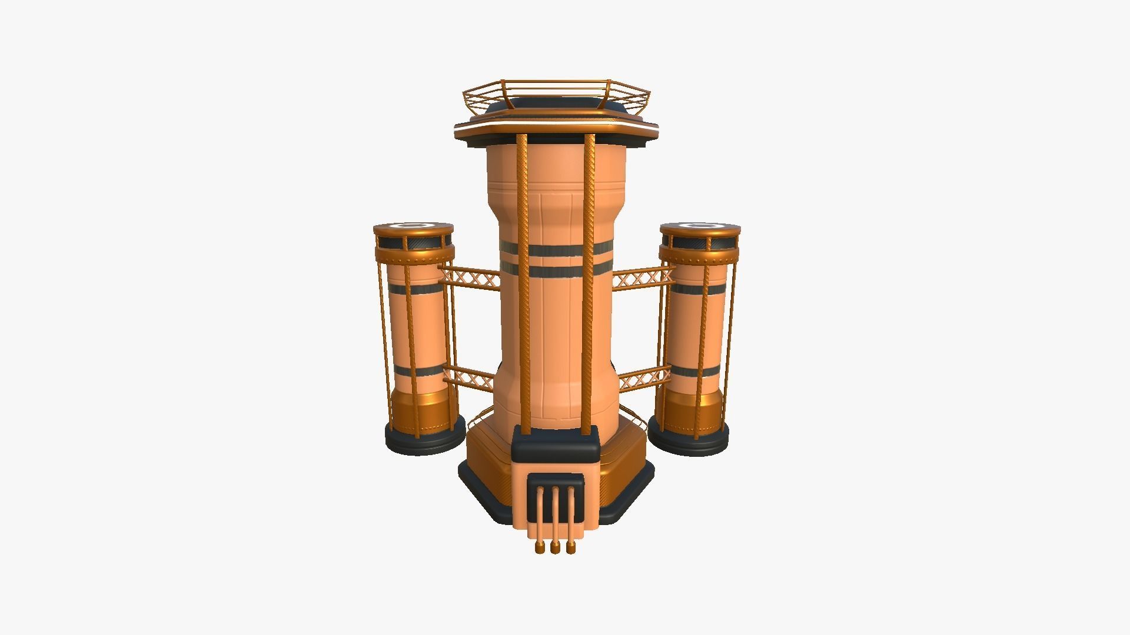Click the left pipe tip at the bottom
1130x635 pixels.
(x=127, y=549)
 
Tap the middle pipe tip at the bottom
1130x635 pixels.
(x=142, y=549)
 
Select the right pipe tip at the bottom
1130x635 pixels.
(x=158, y=549)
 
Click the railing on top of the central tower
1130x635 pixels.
(x=556, y=94)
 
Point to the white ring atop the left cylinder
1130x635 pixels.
(x=413, y=225)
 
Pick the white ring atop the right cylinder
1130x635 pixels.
(x=700, y=225)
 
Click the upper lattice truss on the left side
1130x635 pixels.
(x=470, y=277)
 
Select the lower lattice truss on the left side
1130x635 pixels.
(x=468, y=379)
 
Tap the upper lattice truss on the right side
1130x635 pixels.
(x=643, y=277)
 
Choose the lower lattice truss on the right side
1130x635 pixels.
(x=644, y=379)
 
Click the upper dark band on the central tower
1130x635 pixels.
(x=556, y=250)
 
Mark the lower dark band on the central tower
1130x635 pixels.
(x=556, y=271)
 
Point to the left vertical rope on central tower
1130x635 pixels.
(x=521, y=282)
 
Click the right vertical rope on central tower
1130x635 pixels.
(x=589, y=282)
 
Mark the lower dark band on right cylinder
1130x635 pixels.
(x=696, y=372)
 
